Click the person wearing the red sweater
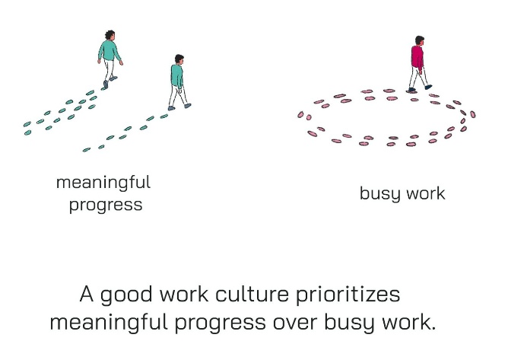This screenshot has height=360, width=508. [418, 64]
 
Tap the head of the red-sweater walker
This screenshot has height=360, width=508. [420, 40]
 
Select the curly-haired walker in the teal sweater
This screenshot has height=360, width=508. [110, 59]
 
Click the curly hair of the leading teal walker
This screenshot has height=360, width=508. [110, 34]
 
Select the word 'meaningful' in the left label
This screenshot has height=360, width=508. [103, 183]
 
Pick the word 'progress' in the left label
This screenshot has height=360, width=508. [106, 205]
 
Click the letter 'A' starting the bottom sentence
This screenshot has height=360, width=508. [87, 294]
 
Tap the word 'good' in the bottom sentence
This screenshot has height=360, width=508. [126, 295]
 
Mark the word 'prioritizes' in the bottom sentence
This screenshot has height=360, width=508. [348, 295]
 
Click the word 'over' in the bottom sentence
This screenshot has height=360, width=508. [294, 323]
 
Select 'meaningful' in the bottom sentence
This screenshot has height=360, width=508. [109, 323]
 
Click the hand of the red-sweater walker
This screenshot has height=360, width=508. [421, 72]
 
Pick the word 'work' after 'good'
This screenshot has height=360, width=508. [184, 294]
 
